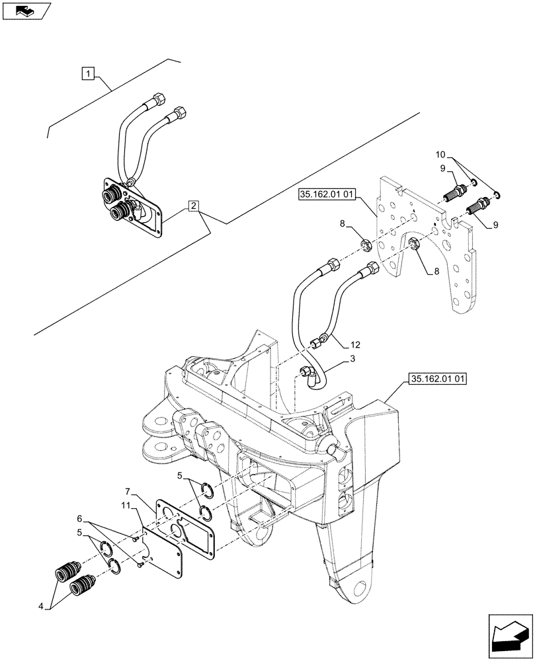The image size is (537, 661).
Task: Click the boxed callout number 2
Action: coord(192,206)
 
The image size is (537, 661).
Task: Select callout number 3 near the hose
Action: coord(352,360)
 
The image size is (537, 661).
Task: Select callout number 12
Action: coord(356,344)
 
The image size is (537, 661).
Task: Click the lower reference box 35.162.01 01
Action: coord(438,379)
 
